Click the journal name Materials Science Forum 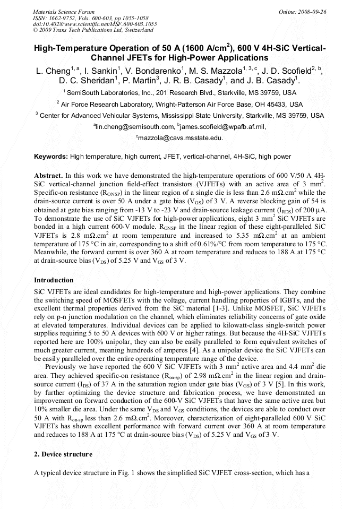tap(63, 12)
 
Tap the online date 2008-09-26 tap(313, 12)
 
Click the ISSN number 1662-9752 tap(62, 18)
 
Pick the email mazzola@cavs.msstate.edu tap(181, 137)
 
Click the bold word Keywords tap(51, 157)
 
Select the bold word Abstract tap(48, 175)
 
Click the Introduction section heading tap(54, 280)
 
